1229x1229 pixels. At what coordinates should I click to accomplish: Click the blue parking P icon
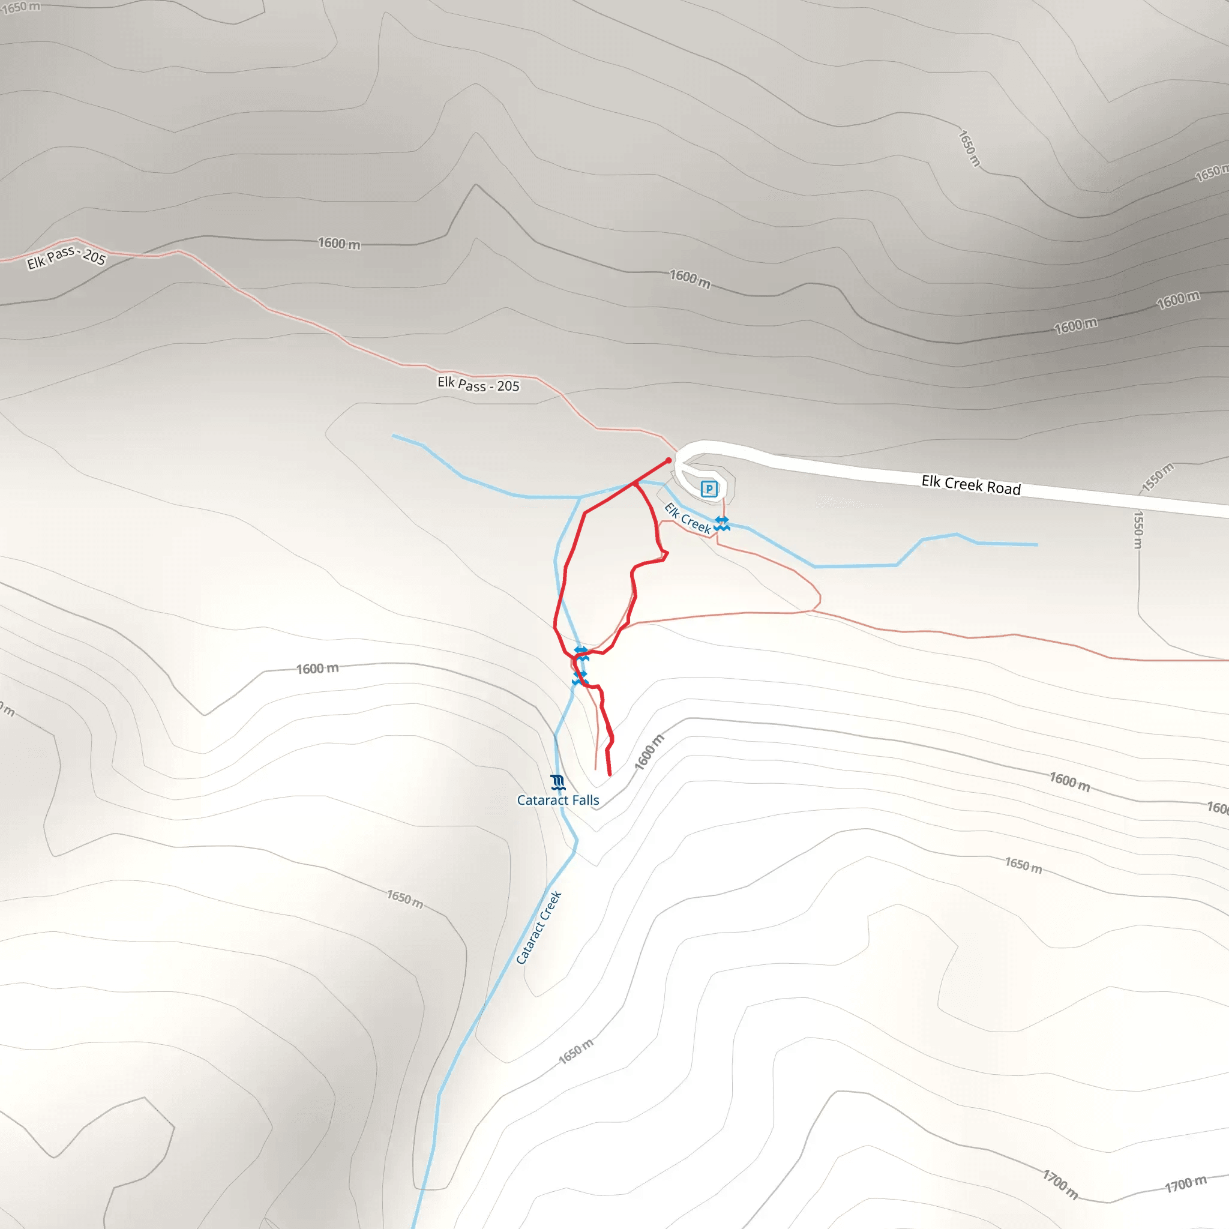pos(709,488)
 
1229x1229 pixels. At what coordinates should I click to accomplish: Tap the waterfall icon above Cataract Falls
pos(557,782)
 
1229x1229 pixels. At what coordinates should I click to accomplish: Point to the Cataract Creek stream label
pos(538,928)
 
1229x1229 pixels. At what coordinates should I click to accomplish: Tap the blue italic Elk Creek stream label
pos(687,518)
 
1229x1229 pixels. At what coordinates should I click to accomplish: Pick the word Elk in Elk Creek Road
pos(931,481)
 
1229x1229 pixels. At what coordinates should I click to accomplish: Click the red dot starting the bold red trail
pos(669,460)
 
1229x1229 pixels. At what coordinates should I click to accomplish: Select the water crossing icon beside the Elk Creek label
pos(721,523)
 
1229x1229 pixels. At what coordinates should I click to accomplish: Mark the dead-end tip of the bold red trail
pos(610,775)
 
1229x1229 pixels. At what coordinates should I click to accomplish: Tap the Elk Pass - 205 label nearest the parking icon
pos(478,384)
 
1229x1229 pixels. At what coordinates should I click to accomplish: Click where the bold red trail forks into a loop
pos(635,484)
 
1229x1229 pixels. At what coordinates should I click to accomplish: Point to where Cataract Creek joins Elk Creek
pos(580,497)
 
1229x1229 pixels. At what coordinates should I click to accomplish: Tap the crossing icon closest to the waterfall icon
pos(579,678)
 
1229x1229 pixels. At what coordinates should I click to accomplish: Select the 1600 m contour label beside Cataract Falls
pos(649,752)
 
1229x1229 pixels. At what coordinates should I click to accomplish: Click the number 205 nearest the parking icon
pos(508,386)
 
